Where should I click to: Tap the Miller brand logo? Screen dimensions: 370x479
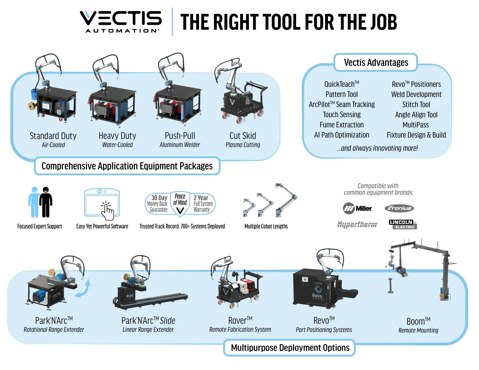click(x=357, y=208)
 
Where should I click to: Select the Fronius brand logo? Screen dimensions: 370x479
click(x=399, y=208)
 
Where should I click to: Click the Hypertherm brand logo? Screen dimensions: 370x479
click(x=358, y=224)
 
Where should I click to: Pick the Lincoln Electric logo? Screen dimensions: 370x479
click(x=403, y=224)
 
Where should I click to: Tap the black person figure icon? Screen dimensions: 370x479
click(x=46, y=202)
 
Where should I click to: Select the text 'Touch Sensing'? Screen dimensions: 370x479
click(x=342, y=115)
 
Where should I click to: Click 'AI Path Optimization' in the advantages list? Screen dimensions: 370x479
click(x=342, y=135)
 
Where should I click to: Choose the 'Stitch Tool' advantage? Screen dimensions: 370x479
click(x=416, y=104)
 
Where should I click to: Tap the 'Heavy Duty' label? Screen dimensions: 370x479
click(x=117, y=136)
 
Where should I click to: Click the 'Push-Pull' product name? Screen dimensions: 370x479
click(x=180, y=136)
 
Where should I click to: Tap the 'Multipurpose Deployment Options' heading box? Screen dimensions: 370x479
click(x=290, y=348)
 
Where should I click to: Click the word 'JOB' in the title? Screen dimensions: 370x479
click(x=383, y=22)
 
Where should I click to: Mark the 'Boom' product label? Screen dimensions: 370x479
click(x=418, y=321)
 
